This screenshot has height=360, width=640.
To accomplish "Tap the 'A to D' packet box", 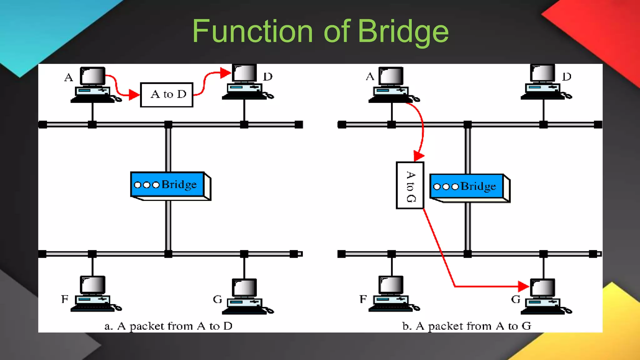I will [x=167, y=95].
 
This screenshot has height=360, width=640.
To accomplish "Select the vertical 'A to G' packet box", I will [x=410, y=185].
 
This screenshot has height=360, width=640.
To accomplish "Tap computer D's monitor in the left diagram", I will [x=244, y=73].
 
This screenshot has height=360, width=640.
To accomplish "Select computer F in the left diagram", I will [x=93, y=294].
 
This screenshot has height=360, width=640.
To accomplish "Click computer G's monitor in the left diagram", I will [x=244, y=287].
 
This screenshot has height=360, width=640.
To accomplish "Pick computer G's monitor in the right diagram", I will [x=543, y=287].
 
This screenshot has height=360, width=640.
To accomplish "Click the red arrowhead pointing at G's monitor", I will [x=523, y=286].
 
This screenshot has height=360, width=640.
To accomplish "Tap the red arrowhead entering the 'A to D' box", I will [x=134, y=94].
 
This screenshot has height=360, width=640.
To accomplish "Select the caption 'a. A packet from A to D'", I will [x=168, y=326].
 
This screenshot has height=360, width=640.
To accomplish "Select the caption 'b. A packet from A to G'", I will [x=467, y=326].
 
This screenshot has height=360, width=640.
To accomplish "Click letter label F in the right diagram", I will [x=363, y=299].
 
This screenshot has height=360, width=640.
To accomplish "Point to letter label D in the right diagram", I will [x=567, y=77].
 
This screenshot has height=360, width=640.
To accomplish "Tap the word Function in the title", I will [x=252, y=31].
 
